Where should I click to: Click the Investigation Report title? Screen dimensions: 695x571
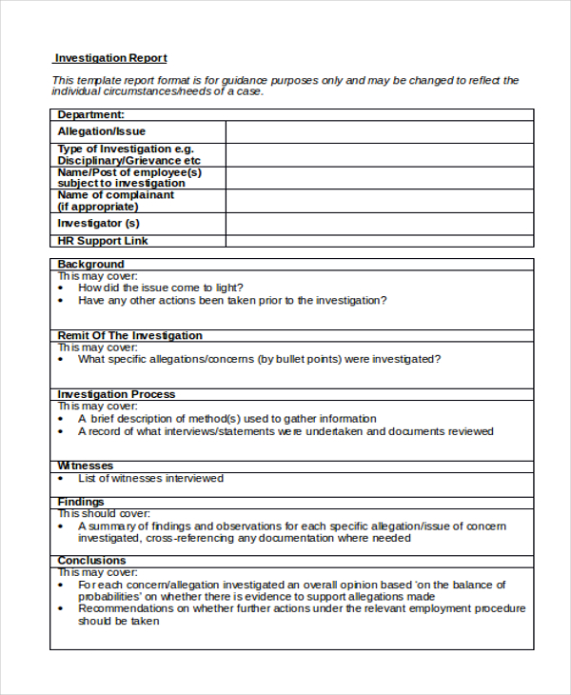point(110,58)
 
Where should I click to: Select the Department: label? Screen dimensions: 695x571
point(90,114)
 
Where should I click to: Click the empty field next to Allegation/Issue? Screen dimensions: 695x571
point(379,131)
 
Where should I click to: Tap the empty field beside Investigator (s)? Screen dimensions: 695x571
point(379,224)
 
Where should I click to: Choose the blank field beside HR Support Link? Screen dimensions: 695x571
point(379,242)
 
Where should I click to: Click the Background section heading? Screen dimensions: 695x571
point(90,264)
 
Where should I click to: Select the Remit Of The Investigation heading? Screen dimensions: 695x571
point(129,335)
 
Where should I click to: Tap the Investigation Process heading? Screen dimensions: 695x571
point(116,394)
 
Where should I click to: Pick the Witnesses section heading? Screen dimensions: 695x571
point(86,466)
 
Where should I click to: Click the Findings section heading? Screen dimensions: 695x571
point(81,502)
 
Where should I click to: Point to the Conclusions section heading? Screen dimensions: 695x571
point(91,561)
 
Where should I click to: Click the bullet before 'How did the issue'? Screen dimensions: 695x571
point(61,288)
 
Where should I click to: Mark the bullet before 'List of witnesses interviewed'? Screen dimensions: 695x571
point(61,479)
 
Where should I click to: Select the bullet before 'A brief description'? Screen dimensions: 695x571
point(61,419)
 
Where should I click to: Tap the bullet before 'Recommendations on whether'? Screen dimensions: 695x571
point(61,608)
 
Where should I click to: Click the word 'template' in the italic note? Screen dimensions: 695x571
point(97,81)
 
